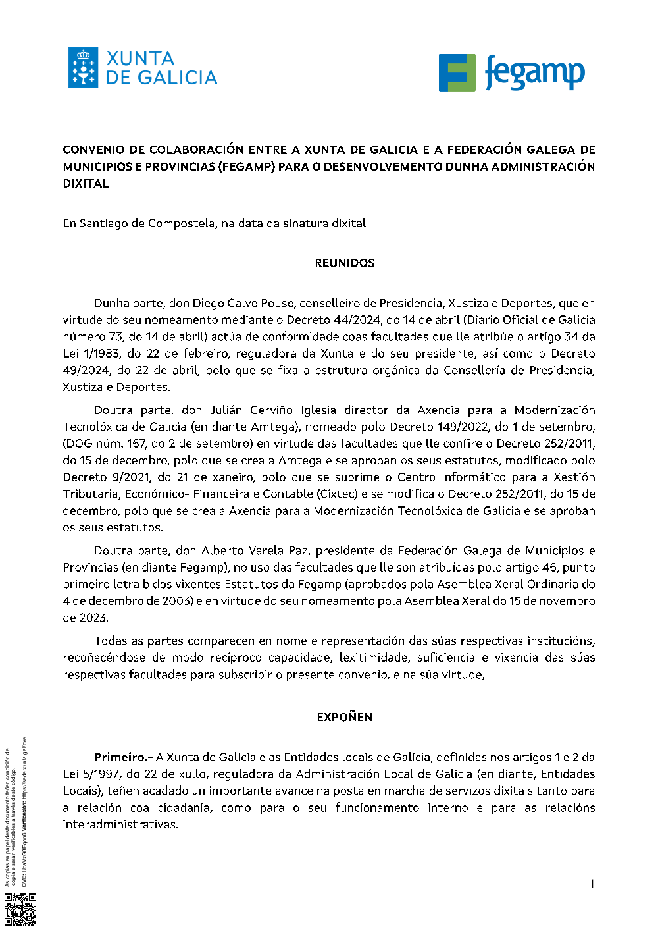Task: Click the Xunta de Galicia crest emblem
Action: click(83, 68)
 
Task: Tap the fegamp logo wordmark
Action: click(534, 73)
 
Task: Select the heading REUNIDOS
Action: click(345, 263)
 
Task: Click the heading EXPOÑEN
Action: click(345, 717)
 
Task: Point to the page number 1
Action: click(592, 884)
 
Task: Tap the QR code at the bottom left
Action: click(20, 909)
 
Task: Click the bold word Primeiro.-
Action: click(123, 757)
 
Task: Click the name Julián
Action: click(226, 410)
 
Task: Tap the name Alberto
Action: click(222, 550)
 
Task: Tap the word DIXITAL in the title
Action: click(86, 184)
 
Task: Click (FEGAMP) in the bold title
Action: click(247, 167)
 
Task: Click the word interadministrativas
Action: click(120, 824)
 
